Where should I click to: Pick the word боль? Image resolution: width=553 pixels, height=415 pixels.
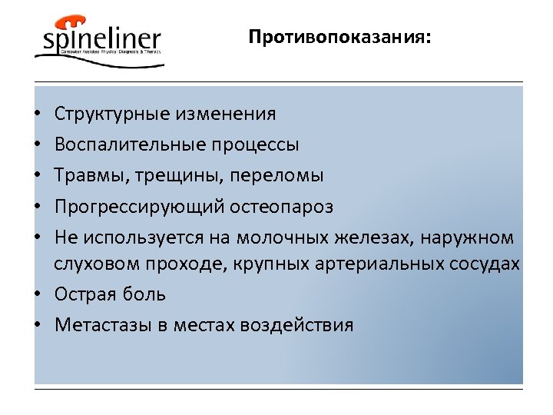pyautogui.click(x=146, y=294)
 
